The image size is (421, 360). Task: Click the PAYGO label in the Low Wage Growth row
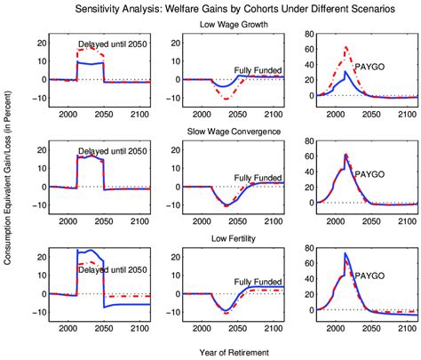coord(368,67)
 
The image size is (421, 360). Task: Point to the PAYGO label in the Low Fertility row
coord(368,276)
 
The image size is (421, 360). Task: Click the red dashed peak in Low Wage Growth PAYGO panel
coord(346,47)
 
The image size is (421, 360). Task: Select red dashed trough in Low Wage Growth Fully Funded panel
coord(228,98)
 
